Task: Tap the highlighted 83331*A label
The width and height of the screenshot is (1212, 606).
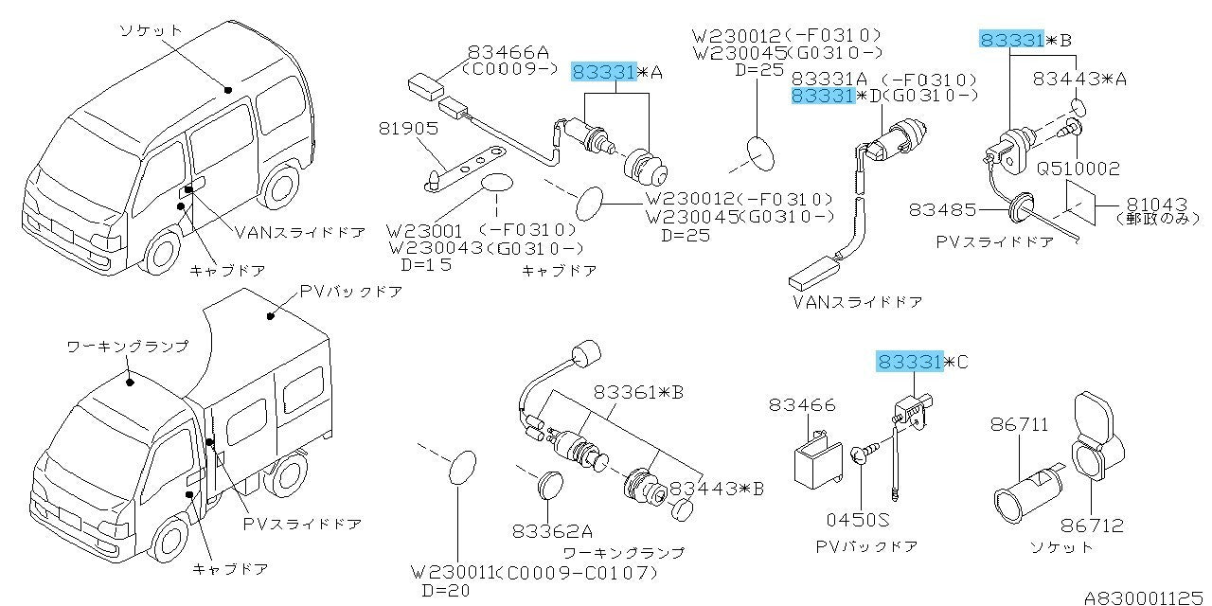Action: coord(617,71)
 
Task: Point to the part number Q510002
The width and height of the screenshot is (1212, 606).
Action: coord(1078,169)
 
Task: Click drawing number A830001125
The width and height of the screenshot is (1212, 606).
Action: coord(1146,597)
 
